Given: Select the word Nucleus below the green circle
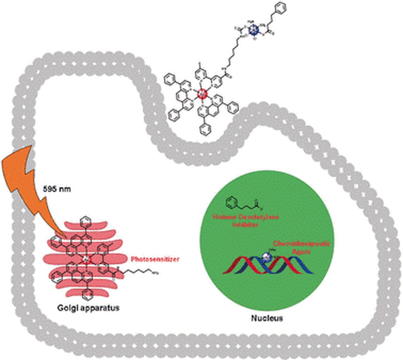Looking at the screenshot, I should coord(267,318).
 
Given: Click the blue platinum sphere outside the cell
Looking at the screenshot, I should coord(253,30).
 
